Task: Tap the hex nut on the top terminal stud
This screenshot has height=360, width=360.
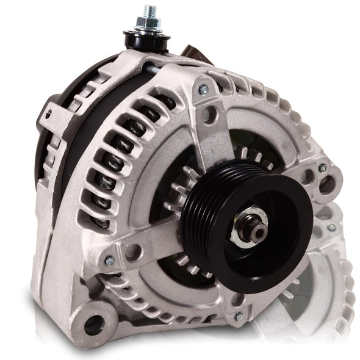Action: (149, 24)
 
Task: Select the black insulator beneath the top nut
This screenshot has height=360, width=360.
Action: (148, 38)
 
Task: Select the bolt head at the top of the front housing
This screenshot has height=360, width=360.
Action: (203, 90)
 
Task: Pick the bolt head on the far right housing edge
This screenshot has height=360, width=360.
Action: (322, 168)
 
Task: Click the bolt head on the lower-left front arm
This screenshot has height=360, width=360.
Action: (109, 261)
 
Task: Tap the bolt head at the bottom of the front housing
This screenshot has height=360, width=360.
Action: (239, 317)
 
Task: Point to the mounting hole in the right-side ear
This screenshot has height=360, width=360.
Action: (328, 184)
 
